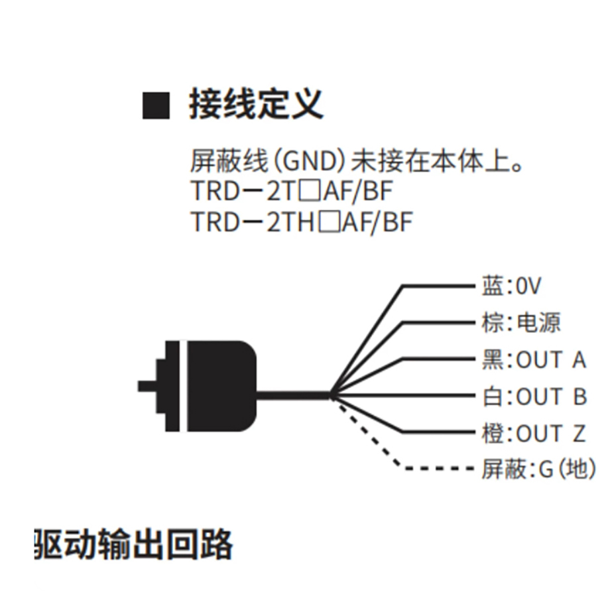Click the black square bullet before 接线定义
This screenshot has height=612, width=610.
156,106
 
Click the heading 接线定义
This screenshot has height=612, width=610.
256,104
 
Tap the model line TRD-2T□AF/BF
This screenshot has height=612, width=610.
292,191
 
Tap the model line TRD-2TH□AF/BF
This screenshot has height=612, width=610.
302,221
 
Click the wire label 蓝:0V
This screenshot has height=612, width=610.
511,286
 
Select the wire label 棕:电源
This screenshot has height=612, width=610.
521,322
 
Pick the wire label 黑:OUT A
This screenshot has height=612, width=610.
534,359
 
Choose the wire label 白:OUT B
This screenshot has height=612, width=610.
534,396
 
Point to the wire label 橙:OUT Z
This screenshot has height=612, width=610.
534,433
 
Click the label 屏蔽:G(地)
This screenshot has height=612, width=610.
538,468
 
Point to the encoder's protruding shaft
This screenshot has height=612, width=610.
147,386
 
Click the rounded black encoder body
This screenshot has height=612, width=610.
221,386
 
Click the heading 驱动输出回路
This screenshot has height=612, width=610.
133,545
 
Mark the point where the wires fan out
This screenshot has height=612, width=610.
332,395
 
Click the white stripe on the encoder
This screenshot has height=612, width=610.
184,386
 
